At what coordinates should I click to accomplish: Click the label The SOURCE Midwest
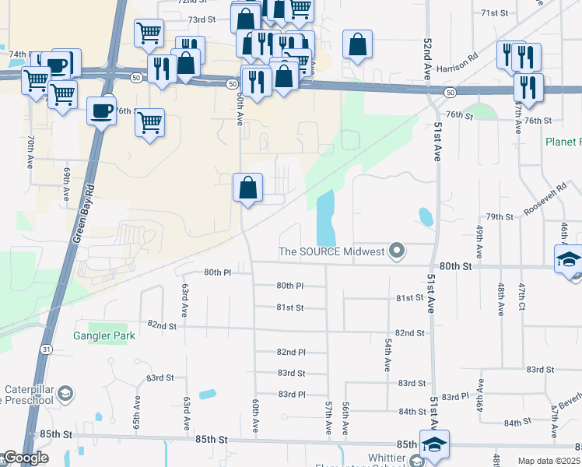(331, 251)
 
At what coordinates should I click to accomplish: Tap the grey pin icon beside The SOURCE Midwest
(398, 251)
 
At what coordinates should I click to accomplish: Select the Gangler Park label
(104, 335)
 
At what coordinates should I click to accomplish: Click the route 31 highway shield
(47, 349)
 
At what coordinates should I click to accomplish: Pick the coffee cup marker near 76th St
(101, 111)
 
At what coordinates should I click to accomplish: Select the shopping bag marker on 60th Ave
(248, 188)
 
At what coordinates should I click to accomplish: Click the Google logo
(25, 458)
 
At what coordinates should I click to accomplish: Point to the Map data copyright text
(549, 461)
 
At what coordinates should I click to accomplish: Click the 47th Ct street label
(522, 299)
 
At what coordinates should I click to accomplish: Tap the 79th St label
(499, 216)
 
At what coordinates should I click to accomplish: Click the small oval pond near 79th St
(425, 216)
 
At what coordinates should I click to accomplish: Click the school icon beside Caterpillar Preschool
(65, 392)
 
